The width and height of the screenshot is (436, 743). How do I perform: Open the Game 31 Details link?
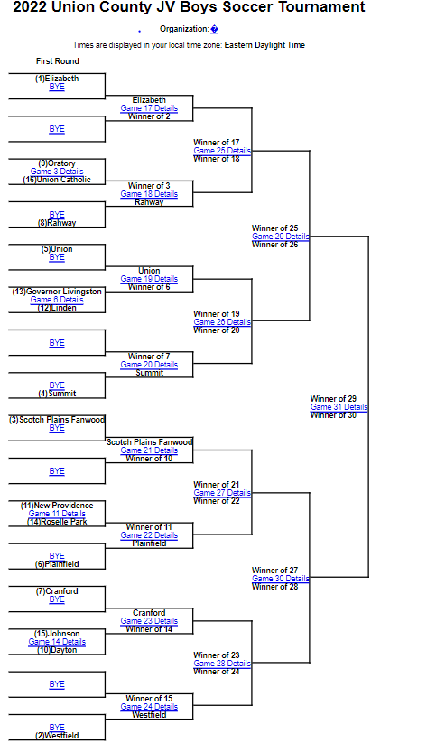click(339, 407)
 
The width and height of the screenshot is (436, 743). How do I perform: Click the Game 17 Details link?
click(149, 108)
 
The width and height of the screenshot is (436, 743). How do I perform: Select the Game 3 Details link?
click(57, 171)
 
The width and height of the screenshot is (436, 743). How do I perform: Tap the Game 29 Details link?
click(281, 236)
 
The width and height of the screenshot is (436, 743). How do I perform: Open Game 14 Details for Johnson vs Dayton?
click(57, 642)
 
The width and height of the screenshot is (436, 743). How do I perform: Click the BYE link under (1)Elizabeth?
click(57, 87)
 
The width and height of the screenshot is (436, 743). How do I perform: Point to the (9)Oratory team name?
click(57, 163)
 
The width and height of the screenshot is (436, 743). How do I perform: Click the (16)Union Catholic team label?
click(57, 180)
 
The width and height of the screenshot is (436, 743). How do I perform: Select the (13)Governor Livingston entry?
click(57, 292)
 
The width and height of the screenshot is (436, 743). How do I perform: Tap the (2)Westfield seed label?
click(57, 736)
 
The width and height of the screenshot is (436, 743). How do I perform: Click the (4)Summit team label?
click(57, 394)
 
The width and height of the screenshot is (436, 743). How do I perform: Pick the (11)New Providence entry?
click(57, 506)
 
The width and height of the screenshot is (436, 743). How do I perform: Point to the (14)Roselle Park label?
click(57, 522)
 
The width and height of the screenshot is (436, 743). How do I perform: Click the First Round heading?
click(58, 61)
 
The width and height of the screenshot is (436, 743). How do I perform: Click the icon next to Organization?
click(214, 30)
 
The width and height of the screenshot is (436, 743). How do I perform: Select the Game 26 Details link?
click(222, 321)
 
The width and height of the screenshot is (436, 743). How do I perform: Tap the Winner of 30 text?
click(333, 415)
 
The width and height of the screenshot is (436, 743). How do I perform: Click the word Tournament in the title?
click(321, 7)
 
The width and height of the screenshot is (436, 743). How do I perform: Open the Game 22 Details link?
click(149, 535)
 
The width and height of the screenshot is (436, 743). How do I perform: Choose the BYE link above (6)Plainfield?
click(57, 556)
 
